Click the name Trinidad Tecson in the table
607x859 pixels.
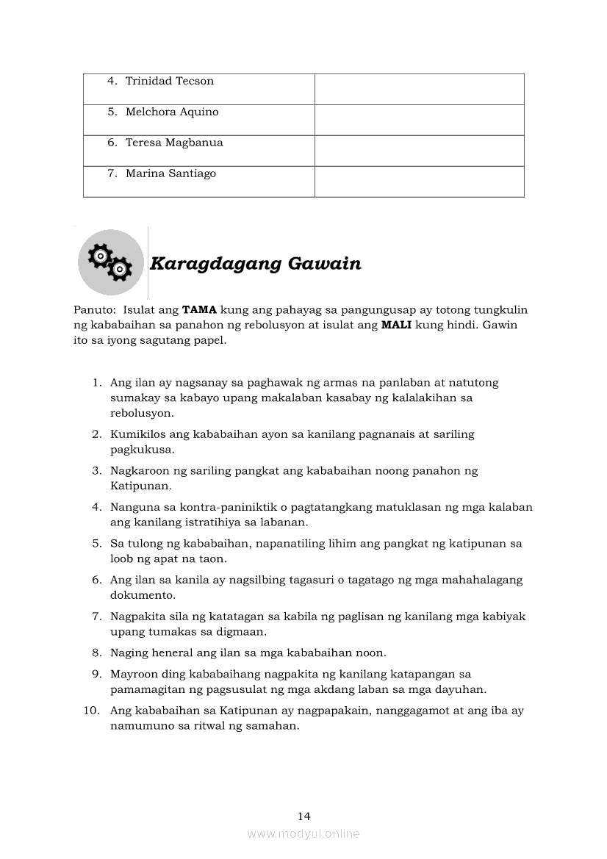point(170,81)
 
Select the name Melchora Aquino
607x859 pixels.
point(172,112)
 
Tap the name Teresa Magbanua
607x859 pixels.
point(174,143)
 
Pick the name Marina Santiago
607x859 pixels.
point(170,173)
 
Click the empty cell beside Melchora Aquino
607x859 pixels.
point(419,120)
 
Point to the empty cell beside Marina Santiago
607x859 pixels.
point(419,181)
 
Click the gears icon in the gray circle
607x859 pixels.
point(110,262)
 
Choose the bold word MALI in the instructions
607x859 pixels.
point(397,326)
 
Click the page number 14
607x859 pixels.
point(304,816)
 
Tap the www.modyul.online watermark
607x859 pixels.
point(303,834)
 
